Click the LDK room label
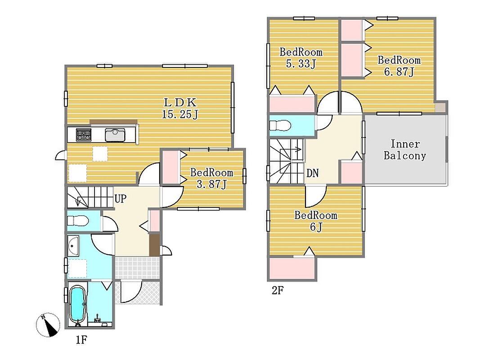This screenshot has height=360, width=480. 180,102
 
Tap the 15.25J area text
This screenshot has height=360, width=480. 180,114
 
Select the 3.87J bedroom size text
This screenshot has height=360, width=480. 211,184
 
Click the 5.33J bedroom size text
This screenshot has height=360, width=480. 301,64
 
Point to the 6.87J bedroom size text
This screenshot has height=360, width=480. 399,72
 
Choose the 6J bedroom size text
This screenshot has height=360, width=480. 316,227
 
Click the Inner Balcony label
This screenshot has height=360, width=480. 405,150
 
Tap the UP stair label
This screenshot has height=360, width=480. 120,198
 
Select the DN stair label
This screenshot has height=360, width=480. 313,173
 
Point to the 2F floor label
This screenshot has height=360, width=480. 278,290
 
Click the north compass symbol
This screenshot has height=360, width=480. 48,325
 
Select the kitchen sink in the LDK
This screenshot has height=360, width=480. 115,135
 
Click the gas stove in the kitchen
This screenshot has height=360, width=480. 84,135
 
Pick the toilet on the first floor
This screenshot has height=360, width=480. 78,220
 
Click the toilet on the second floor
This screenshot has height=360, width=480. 280,126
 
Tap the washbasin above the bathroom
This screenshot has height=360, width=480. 73,246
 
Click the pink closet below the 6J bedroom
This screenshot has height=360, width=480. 292,268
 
